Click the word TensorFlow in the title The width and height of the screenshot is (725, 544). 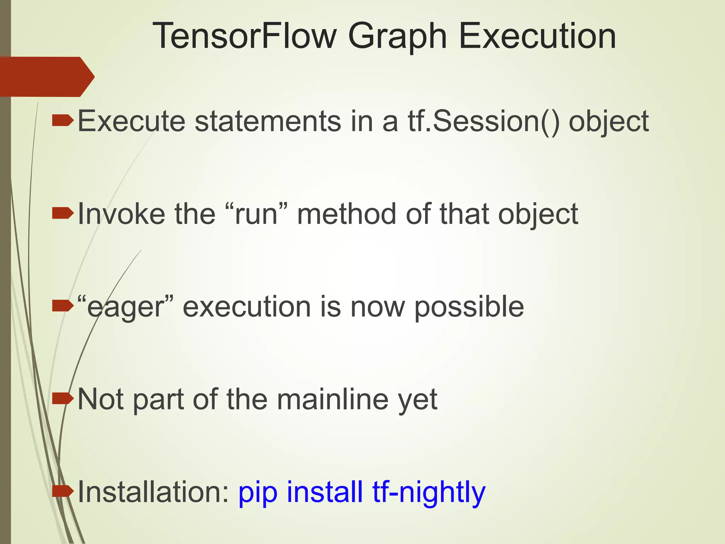[x=244, y=36]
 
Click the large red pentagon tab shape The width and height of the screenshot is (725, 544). [x=46, y=76]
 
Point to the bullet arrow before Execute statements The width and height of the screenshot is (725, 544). [x=63, y=121]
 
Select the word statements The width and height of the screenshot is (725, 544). [x=268, y=121]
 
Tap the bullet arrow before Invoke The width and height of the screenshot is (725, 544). [x=63, y=214]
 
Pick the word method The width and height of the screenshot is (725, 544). [x=347, y=214]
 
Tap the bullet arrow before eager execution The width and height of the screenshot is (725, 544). [x=63, y=306]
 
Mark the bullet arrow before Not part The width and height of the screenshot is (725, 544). [x=63, y=398]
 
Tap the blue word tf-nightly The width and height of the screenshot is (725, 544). [x=429, y=492]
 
